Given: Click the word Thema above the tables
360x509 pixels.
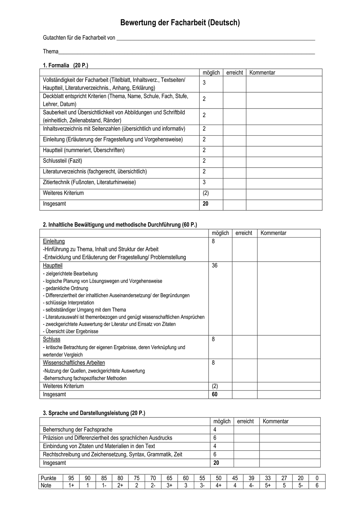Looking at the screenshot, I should coord(51,52).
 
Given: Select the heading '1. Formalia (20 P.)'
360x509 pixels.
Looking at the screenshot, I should coord(66,65).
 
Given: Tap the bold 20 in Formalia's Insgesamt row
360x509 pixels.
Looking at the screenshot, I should coord(205,204).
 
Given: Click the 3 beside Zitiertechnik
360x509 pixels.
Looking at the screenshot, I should coord(204,182).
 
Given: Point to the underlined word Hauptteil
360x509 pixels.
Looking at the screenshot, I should coord(53,266).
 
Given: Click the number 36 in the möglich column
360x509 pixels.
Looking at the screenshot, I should coord(215,266).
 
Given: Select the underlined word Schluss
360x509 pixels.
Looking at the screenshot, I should coord(52,339).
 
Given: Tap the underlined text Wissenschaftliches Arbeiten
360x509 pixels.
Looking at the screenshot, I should coord(74,363).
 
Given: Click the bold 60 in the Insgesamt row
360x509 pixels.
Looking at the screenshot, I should coord(215,394).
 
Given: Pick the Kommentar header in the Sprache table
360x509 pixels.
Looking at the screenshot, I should coord(275,421).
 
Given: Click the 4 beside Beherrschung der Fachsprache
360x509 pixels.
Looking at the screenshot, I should coord(215,430).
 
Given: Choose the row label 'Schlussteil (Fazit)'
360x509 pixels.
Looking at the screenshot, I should coord(62,161).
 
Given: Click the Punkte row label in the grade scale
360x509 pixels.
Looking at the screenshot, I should coord(49,478).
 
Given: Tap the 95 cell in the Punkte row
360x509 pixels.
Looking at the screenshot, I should coord(71,478).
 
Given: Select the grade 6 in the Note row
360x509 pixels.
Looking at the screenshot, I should coord(317,486).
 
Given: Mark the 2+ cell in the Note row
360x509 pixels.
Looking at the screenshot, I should coord(120,486).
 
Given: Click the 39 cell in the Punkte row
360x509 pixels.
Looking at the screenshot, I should coord(251,478).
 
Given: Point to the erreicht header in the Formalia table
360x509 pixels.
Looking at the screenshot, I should coord(234,73).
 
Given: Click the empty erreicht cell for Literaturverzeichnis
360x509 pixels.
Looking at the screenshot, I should coord(234,172).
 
